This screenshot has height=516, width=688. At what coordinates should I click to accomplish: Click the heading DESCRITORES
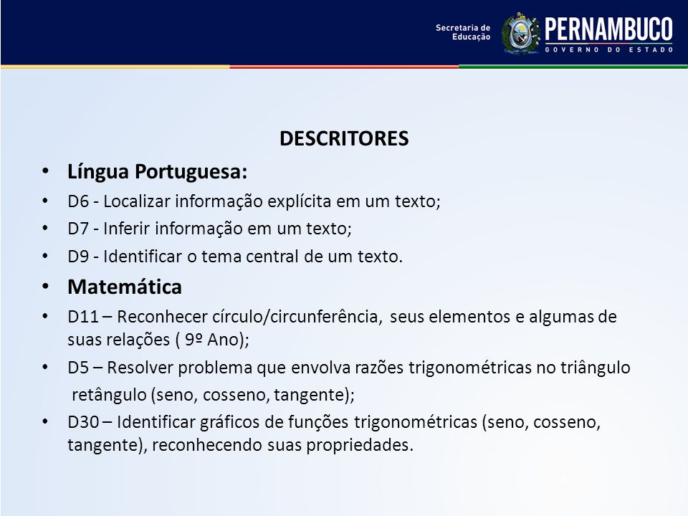pos(344,138)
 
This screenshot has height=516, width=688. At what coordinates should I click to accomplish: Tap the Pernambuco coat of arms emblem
pos(520,34)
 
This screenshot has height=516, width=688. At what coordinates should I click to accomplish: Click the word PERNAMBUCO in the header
pos(608,29)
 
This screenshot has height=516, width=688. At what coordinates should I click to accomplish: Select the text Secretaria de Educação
pos(463,32)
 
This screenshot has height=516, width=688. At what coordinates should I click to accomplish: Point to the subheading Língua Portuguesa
pos(157,171)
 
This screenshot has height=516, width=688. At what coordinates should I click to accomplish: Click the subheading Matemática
pos(125,287)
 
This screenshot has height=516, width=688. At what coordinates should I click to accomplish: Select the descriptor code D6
pos(78,201)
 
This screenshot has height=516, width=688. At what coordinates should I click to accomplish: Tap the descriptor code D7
pos(78,229)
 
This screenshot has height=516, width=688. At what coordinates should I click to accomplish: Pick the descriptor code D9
pos(78,257)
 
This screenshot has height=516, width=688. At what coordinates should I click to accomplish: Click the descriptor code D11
pos(83,316)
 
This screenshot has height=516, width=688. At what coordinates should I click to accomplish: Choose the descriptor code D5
pos(78,367)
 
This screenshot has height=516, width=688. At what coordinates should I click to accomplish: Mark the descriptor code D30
pos(83,421)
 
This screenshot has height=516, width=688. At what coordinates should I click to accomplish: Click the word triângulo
pos(595,368)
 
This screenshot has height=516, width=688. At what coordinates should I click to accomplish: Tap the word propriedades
pos(358,445)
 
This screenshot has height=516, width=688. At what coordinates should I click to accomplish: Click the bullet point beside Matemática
pos(45,287)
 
